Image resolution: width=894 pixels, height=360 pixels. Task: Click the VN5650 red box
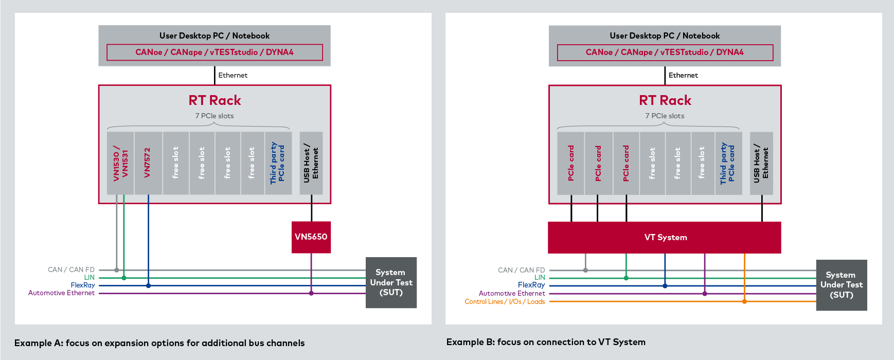[311, 237]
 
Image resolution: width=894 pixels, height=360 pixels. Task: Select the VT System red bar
[665, 238]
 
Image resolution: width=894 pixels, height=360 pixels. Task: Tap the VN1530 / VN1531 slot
[120, 163]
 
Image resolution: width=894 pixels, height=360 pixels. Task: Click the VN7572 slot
[148, 163]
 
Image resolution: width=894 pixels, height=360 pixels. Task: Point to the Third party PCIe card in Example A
[278, 163]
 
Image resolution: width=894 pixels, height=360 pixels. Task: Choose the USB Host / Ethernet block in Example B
[761, 163]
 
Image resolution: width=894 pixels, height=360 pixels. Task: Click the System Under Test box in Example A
[391, 282]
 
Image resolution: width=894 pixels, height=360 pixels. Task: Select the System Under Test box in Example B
[842, 285]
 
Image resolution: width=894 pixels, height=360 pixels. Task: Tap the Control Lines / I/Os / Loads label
[505, 302]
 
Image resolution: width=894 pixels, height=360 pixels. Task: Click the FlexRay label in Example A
[83, 285]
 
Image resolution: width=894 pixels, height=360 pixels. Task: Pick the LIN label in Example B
[540, 277]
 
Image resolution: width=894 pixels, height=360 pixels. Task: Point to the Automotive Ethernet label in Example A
[62, 293]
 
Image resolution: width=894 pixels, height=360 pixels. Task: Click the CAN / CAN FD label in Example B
[521, 270]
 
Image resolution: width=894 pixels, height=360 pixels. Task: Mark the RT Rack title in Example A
[214, 100]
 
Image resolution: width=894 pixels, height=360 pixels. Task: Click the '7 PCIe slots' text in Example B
[665, 116]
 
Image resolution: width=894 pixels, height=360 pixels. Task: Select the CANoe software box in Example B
[665, 52]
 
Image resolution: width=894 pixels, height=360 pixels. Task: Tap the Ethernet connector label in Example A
[233, 75]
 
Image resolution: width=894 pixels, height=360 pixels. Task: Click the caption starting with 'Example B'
[546, 342]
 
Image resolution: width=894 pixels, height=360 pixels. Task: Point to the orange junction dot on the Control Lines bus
[744, 301]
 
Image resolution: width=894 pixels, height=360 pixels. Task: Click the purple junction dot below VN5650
[311, 293]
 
